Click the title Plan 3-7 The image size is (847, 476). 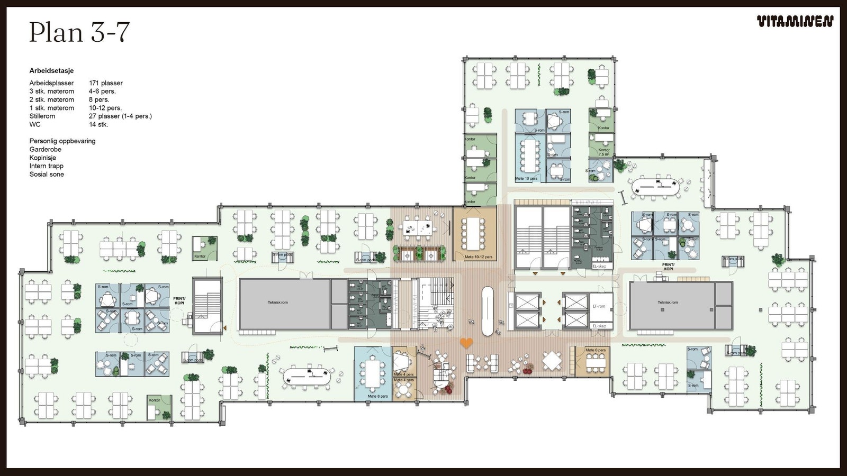79,32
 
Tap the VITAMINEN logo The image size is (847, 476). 795,22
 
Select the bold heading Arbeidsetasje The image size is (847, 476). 51,71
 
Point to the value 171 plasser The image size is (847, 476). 106,83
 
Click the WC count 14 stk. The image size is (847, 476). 98,124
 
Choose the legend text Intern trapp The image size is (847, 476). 47,166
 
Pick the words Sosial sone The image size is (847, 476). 47,174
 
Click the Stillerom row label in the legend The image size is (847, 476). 42,116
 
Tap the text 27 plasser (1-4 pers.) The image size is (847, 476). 120,116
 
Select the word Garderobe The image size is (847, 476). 45,149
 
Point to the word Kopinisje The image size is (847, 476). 43,158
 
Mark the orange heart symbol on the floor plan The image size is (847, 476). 466,343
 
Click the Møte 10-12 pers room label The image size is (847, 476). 478,257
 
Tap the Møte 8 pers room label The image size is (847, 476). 377,396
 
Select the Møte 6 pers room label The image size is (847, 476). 596,350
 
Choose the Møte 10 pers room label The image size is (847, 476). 526,179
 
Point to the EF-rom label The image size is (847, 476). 599,306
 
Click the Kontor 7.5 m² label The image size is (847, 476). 604,152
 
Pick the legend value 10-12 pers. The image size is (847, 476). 105,108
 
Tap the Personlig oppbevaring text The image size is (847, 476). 62,141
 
